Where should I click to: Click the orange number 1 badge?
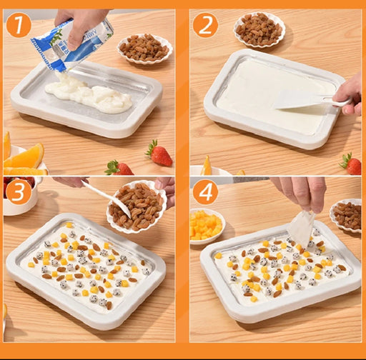[19, 24]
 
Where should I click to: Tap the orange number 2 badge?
[205, 25]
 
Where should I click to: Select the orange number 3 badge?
[19, 192]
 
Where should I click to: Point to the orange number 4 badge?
[205, 192]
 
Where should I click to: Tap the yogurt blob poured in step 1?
[88, 95]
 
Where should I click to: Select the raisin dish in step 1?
[145, 49]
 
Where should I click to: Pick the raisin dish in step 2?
[259, 29]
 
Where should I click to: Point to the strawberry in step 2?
[351, 164]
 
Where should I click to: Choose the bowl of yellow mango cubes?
[207, 226]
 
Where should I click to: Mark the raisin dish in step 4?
[346, 216]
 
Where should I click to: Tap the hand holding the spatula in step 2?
[348, 95]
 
